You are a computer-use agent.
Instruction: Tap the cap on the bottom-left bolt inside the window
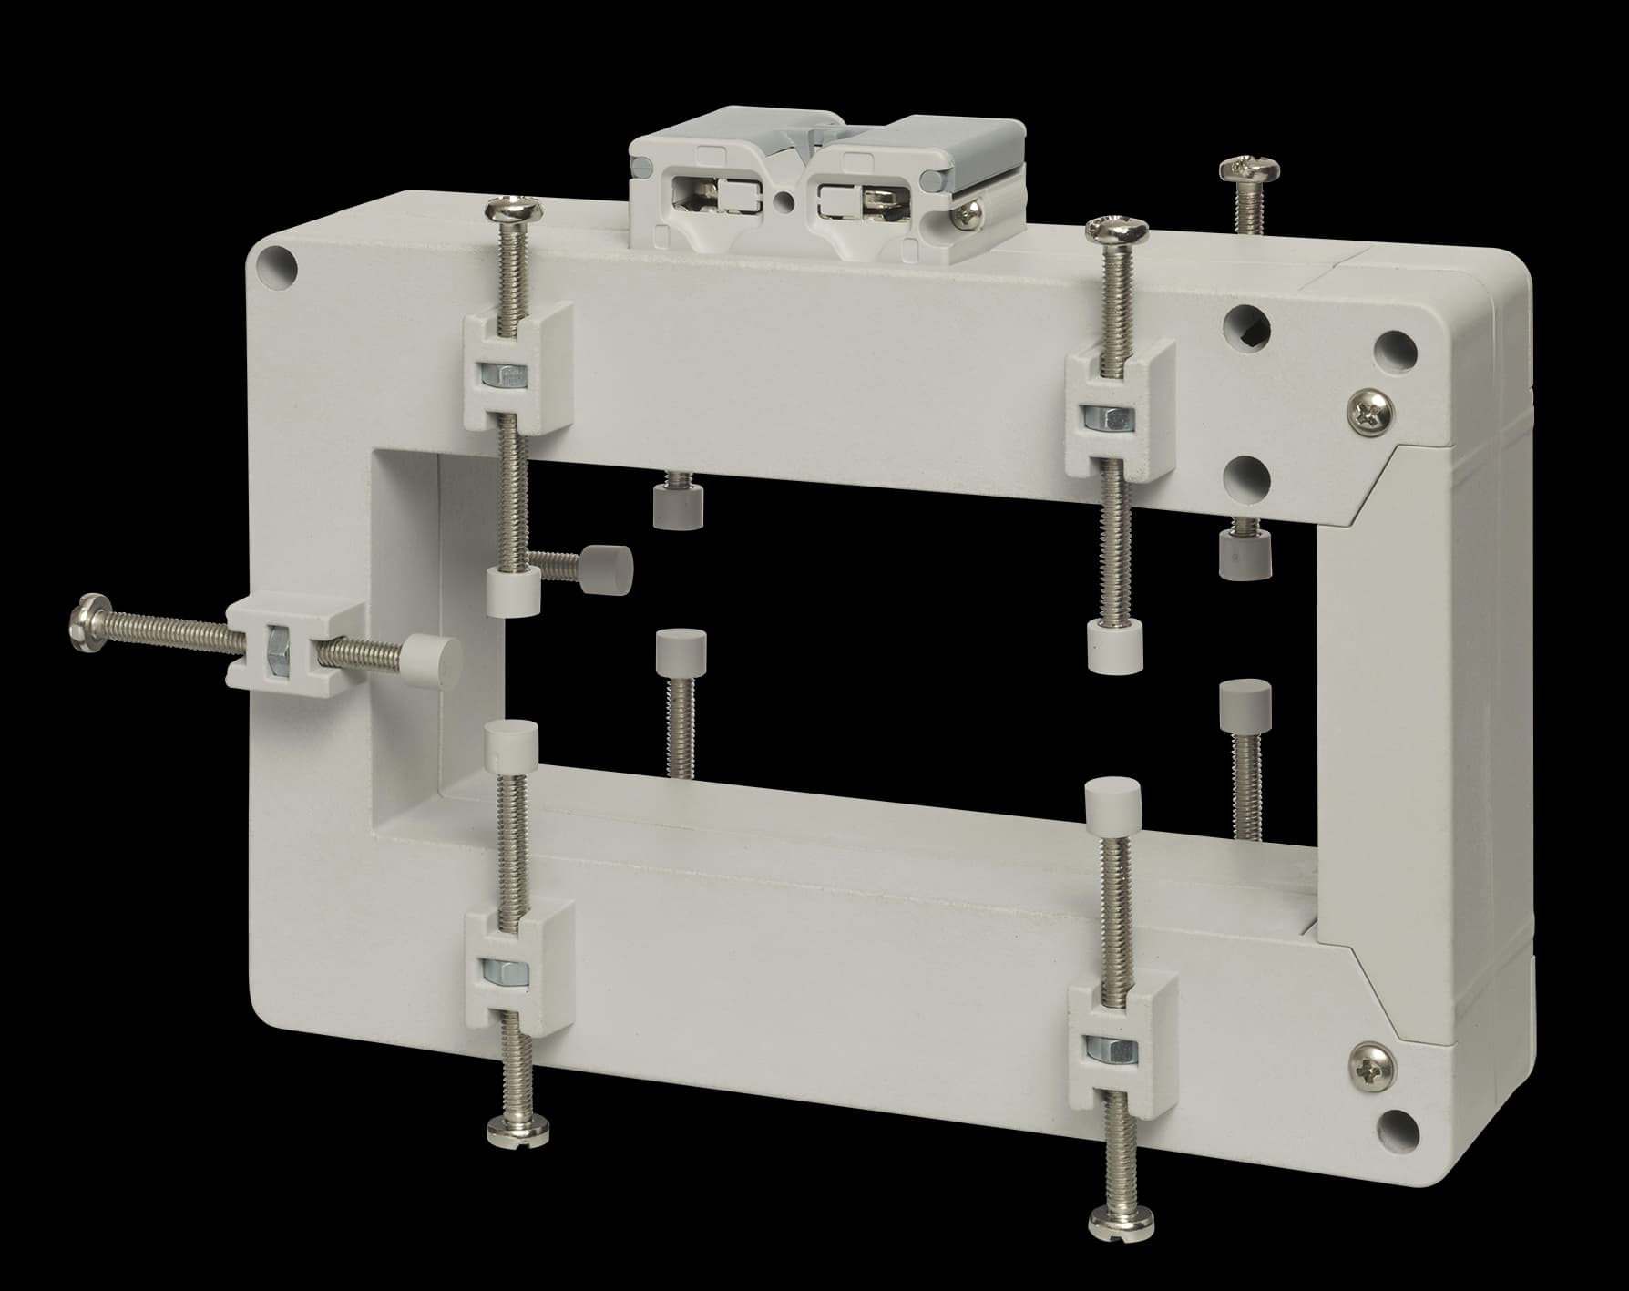tap(513, 743)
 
